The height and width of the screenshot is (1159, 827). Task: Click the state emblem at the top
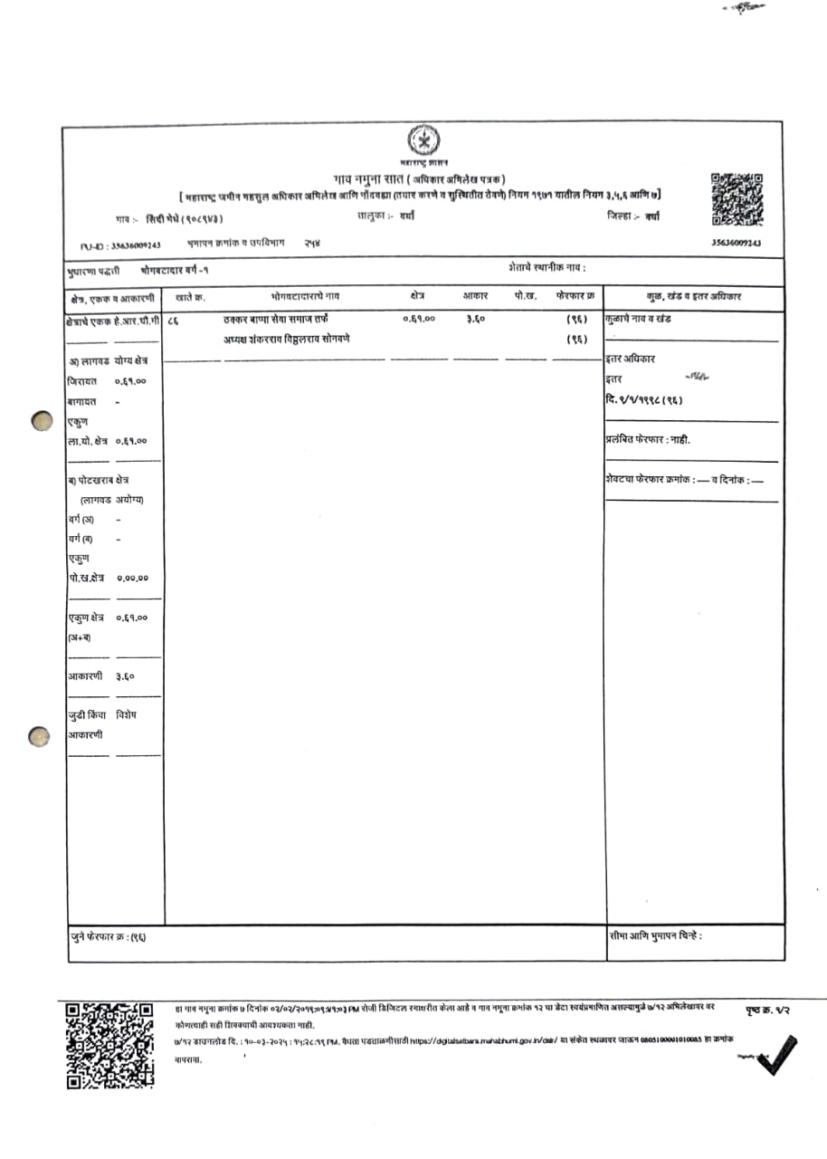tap(422, 142)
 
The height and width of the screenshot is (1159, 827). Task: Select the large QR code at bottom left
tap(109, 1045)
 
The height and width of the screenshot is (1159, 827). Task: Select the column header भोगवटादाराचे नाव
tap(305, 296)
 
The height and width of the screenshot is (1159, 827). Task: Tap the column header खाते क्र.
tap(191, 296)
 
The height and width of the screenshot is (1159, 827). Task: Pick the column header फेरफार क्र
tap(575, 296)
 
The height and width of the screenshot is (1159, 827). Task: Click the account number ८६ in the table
tap(173, 320)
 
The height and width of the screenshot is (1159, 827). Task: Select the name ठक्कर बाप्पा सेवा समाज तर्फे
tap(277, 320)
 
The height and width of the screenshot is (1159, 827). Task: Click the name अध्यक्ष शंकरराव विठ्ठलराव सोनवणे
tap(287, 340)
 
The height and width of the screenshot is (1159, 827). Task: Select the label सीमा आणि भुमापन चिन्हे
tap(656, 935)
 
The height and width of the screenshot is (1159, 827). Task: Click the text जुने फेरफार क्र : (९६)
tap(108, 936)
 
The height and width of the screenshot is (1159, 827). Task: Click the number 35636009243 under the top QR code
tap(737, 244)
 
